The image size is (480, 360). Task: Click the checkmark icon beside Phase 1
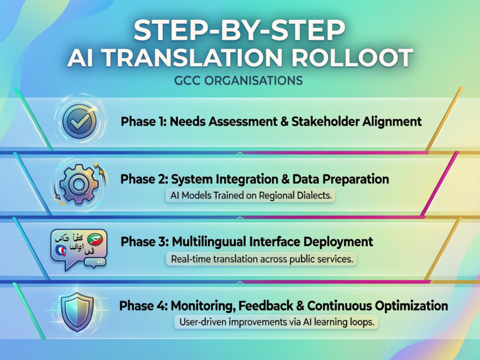[79, 121]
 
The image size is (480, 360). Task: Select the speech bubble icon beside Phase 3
[79, 247]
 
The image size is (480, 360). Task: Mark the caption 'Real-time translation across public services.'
[262, 258]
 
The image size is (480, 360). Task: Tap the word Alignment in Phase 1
[392, 122]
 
